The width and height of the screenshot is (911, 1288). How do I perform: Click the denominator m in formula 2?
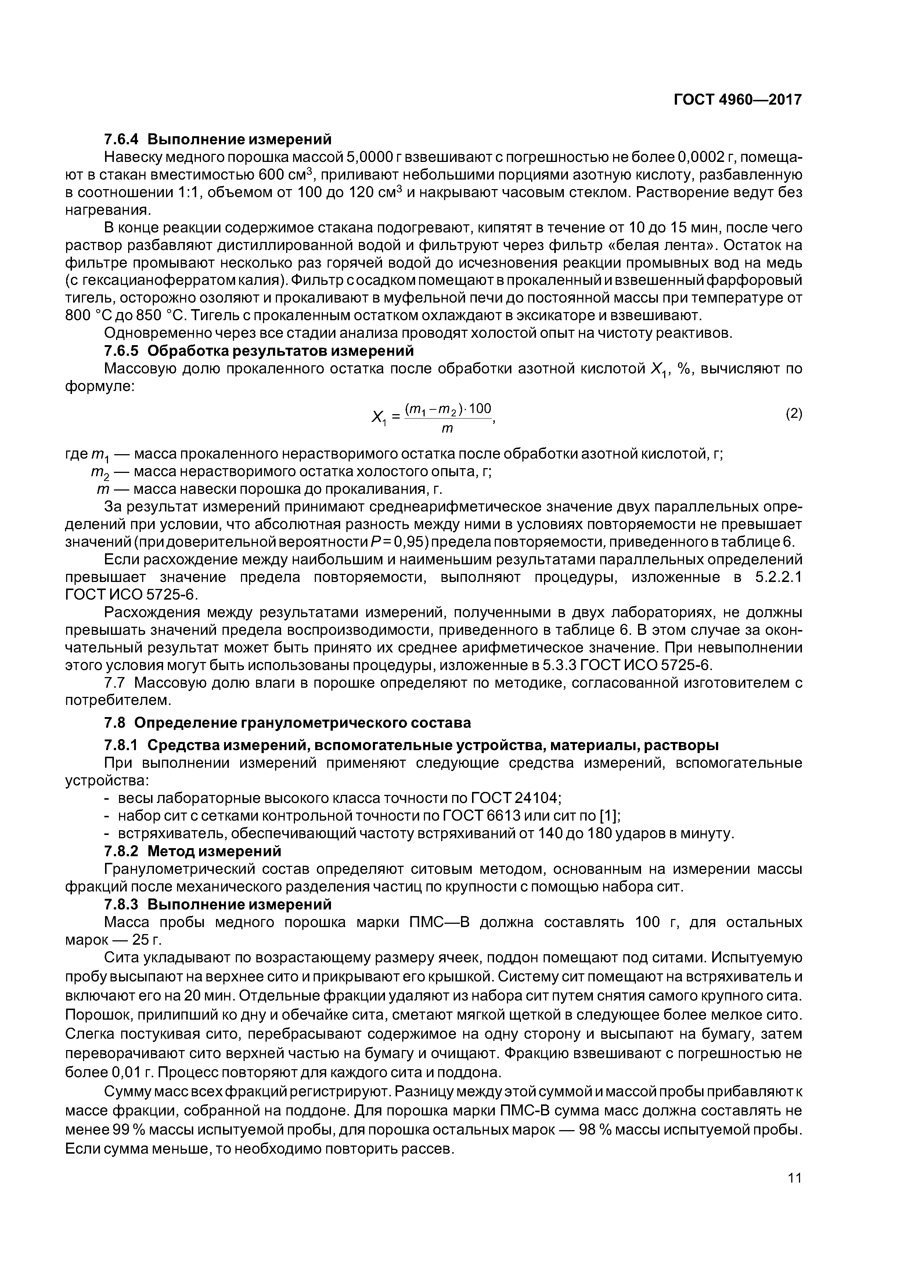click(447, 428)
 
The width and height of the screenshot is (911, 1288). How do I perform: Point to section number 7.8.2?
click(123, 851)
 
